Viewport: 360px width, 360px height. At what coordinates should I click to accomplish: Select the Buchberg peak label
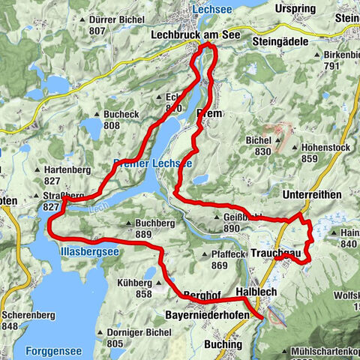tap(155, 223)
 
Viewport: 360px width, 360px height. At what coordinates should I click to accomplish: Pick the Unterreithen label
tap(313, 194)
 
